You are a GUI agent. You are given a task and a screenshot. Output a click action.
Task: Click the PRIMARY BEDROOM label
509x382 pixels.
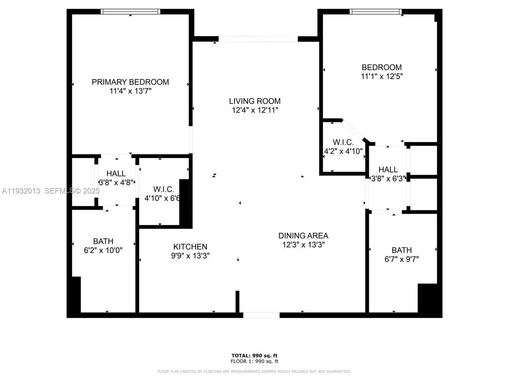coord(130,82)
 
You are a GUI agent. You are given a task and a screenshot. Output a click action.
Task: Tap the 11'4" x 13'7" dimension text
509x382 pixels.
coord(130,91)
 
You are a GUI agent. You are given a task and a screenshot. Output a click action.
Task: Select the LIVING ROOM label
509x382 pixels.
coord(254,101)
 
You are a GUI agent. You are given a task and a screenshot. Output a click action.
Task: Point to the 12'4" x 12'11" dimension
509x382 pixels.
coord(254,110)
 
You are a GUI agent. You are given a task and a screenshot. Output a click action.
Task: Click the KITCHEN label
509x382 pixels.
coord(190,247)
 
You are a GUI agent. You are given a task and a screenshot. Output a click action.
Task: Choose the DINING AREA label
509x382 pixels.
coord(303,236)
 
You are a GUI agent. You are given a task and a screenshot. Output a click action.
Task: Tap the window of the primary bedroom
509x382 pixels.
coord(130,12)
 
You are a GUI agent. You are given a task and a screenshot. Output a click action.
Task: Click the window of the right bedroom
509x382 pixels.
coord(375,12)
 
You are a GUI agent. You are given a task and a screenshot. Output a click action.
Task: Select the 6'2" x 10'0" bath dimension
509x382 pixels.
coord(103,251)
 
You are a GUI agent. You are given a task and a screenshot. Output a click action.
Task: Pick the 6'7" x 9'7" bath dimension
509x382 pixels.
coord(401,259)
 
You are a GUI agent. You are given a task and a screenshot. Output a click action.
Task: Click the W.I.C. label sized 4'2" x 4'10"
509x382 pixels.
coord(343,142)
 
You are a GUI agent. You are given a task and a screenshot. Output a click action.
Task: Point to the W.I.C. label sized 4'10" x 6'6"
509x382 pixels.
coord(164,189)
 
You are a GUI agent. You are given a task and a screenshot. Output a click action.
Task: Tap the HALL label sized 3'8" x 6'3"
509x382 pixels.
coord(388,170)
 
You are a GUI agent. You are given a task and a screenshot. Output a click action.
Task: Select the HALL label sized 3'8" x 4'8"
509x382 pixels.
coord(116,173)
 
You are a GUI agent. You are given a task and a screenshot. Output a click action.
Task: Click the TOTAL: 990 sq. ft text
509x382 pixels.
coord(254,356)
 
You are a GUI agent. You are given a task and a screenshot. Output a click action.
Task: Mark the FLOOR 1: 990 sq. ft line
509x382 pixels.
coord(254,361)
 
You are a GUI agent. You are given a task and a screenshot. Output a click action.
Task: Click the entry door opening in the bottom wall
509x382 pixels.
coord(261,315)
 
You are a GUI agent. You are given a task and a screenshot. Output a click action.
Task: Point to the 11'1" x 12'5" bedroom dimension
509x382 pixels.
coord(381,76)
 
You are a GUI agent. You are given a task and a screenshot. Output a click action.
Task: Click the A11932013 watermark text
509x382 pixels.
coord(21,191)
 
